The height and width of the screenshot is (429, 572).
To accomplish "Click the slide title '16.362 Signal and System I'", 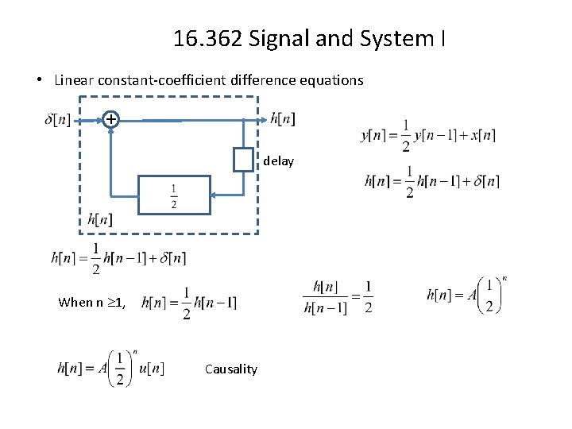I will click(308, 37).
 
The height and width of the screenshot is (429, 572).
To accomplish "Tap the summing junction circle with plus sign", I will click(111, 119).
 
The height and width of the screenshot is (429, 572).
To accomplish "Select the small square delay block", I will click(243, 160).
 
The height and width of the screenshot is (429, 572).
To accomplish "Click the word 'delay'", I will click(279, 161).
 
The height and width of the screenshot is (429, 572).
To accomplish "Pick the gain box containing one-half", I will click(174, 195).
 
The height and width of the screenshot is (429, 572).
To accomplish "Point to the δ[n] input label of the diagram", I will click(57, 120).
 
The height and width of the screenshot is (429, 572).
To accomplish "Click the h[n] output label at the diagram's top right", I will click(283, 119).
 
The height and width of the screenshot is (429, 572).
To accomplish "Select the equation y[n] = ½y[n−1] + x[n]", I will click(428, 135).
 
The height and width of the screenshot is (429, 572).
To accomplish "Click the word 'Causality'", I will click(231, 369).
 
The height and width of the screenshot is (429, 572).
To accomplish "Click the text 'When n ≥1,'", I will click(91, 303).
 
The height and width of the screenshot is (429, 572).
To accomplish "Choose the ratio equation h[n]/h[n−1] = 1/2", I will click(338, 297).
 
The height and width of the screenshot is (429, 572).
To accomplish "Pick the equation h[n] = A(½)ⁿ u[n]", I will click(110, 369).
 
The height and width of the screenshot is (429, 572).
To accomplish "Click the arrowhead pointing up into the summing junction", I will click(111, 131).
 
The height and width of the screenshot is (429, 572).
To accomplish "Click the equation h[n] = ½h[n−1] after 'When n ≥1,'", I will click(189, 303).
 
